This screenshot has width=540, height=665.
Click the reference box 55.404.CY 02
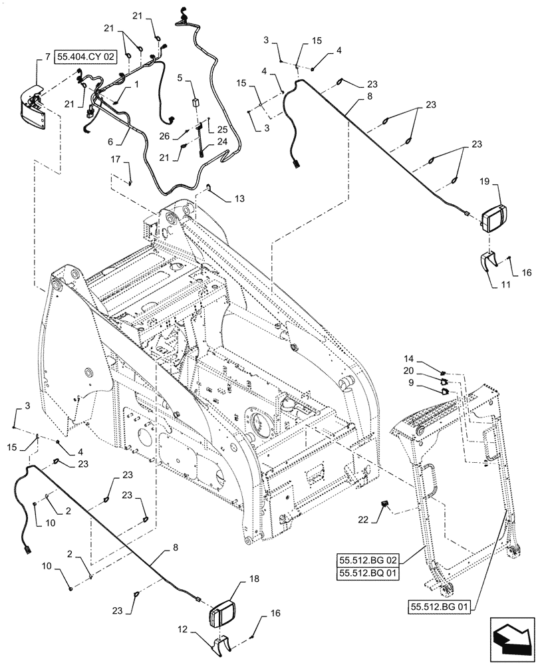coord(86,59)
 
